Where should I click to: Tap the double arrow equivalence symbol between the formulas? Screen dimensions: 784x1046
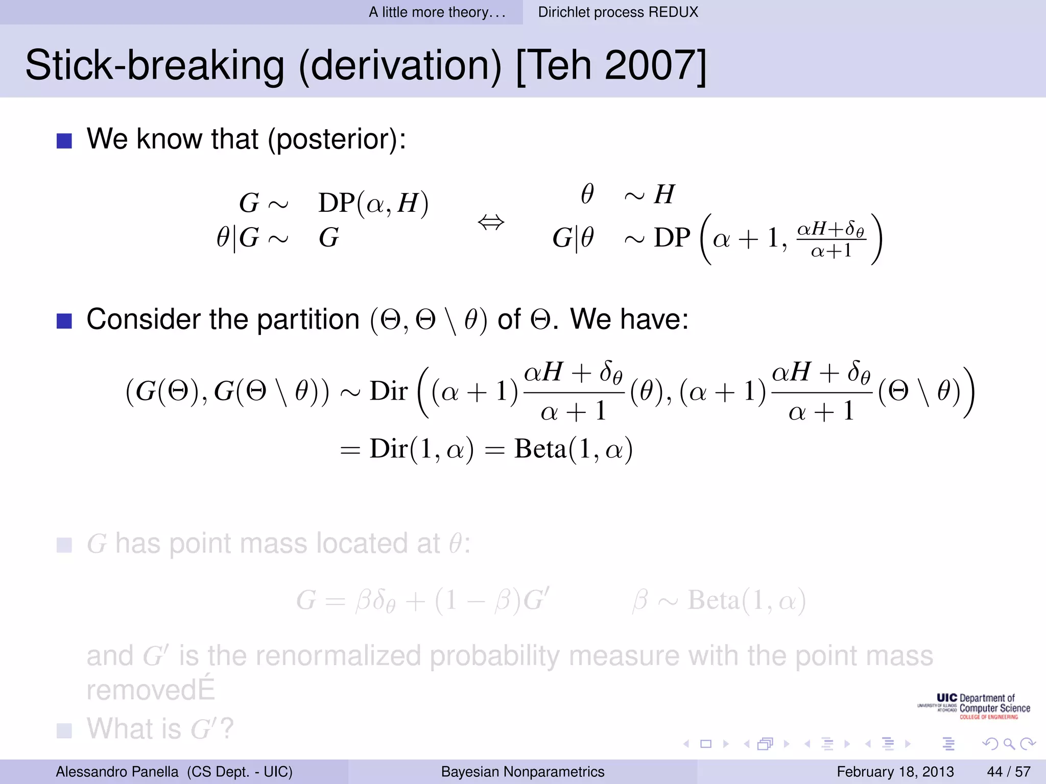[x=491, y=223]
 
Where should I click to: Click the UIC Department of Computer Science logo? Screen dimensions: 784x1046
[x=974, y=706]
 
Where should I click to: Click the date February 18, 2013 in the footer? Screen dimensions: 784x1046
[x=895, y=771]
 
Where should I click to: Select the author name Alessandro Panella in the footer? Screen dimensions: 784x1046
[x=117, y=771]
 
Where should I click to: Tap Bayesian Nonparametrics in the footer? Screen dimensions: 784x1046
[x=522, y=771]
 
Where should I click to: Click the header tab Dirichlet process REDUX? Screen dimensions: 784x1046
[x=618, y=12]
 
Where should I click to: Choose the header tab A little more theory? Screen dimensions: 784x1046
[x=437, y=12]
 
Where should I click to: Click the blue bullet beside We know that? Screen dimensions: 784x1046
[x=64, y=140]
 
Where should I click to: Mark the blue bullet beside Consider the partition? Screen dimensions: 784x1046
[x=64, y=321]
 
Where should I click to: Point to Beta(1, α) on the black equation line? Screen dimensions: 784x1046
[x=573, y=449]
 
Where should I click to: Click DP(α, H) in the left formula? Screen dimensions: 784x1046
[x=373, y=203]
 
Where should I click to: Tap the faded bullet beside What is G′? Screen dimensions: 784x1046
[x=64, y=730]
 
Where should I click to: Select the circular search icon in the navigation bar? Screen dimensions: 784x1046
[x=1009, y=744]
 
